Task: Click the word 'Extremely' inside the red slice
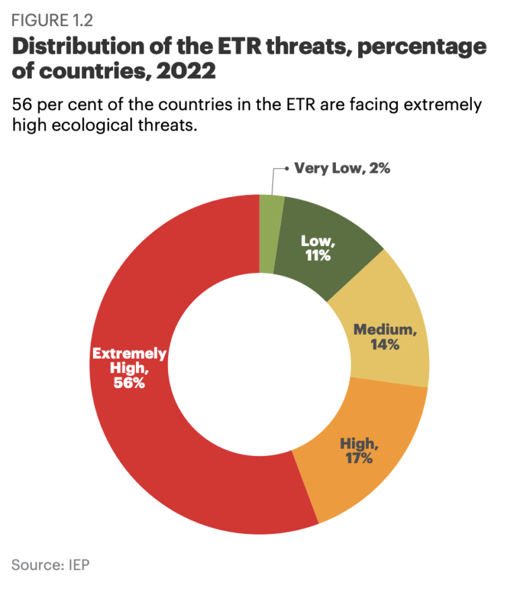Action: [129, 354]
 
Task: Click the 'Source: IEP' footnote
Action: [50, 563]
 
